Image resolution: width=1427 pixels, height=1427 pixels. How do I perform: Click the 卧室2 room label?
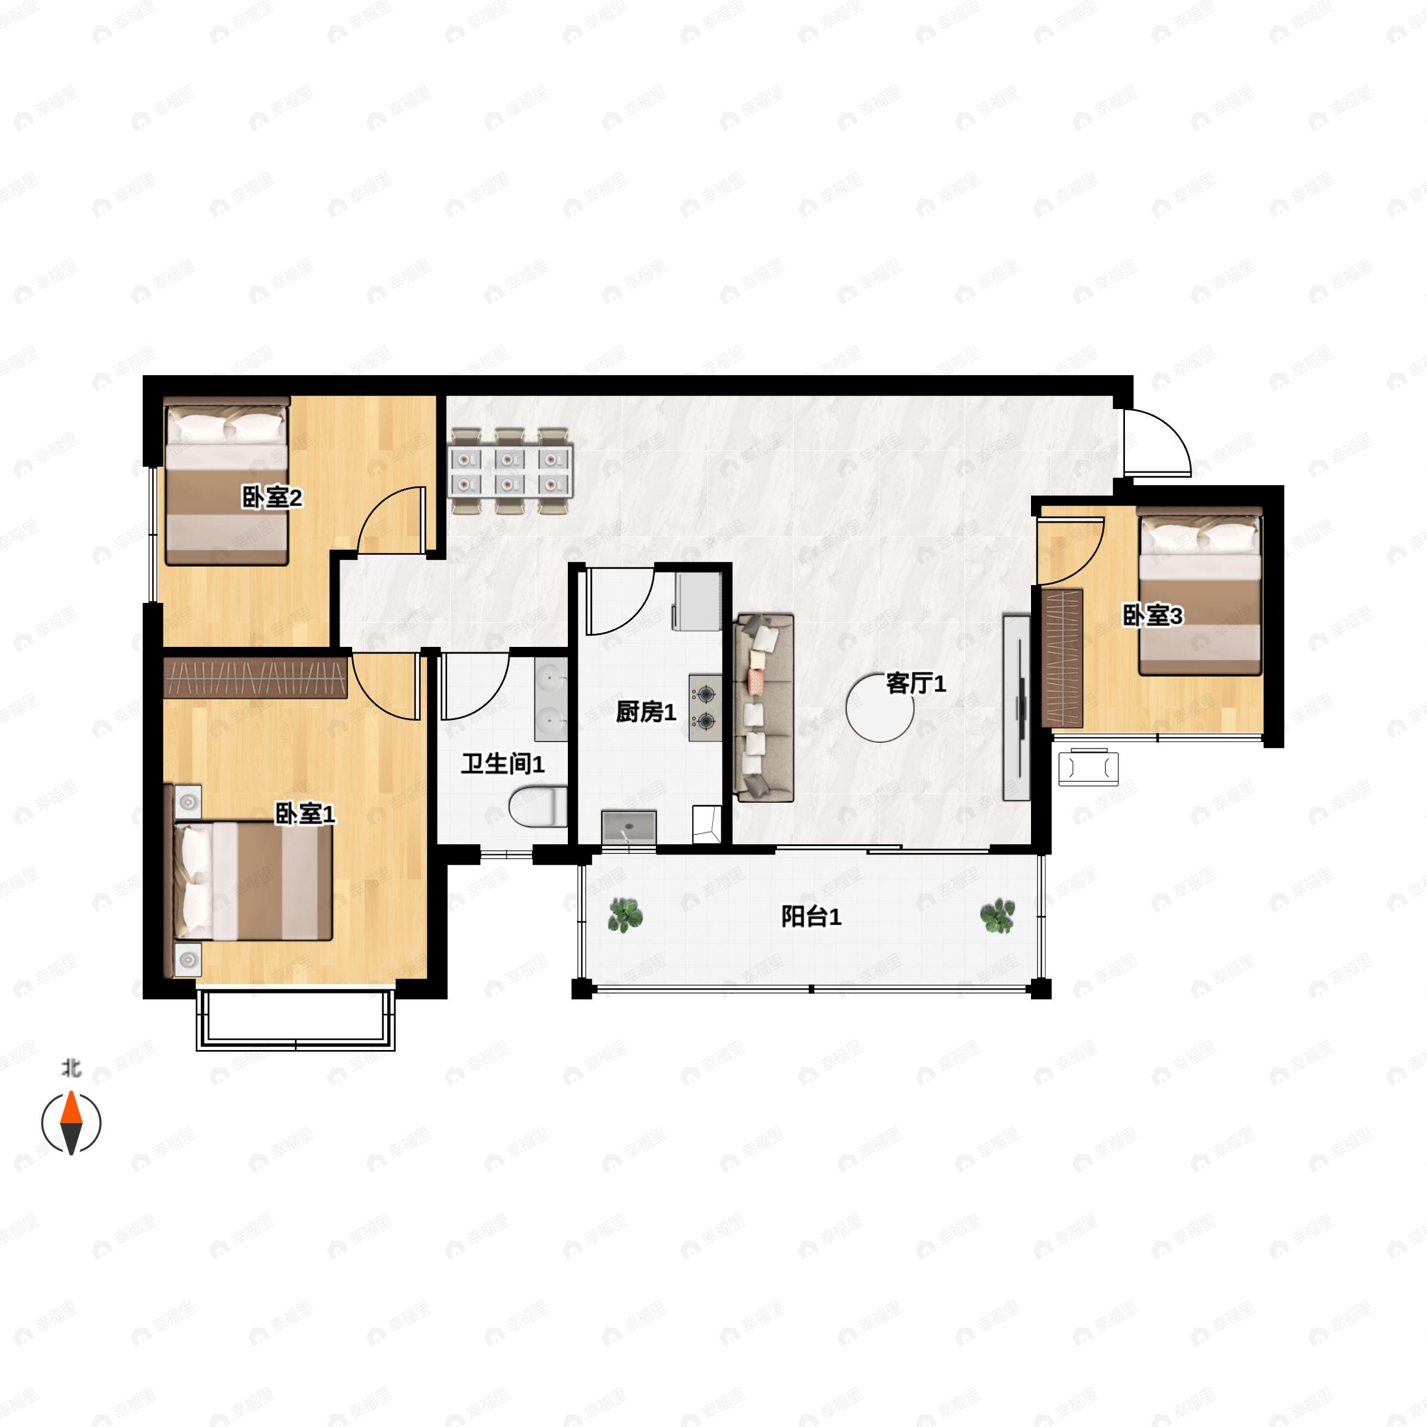click(x=272, y=498)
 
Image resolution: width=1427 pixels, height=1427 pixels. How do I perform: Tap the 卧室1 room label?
click(x=305, y=814)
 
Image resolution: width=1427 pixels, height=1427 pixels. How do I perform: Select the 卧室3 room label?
click(x=1153, y=615)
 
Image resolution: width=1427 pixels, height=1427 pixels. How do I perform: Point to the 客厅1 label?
click(x=916, y=683)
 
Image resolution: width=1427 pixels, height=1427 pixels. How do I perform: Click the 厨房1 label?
click(x=646, y=712)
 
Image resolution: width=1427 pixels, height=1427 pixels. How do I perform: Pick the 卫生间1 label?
click(x=503, y=763)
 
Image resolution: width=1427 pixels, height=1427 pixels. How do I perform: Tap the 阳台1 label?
click(x=811, y=917)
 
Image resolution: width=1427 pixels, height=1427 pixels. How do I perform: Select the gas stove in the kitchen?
click(x=705, y=708)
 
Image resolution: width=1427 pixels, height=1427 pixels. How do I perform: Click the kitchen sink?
click(x=628, y=827)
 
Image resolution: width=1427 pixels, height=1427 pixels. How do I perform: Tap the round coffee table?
click(x=880, y=708)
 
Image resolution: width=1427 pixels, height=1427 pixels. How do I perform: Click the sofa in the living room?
click(x=763, y=708)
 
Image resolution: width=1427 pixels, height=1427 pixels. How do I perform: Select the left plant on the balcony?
click(x=626, y=915)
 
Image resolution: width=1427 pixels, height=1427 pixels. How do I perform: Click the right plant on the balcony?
click(x=997, y=916)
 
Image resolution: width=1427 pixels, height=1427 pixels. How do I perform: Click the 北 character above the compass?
click(x=71, y=1068)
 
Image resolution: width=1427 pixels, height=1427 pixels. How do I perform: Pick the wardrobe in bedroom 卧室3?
click(x=1062, y=658)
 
